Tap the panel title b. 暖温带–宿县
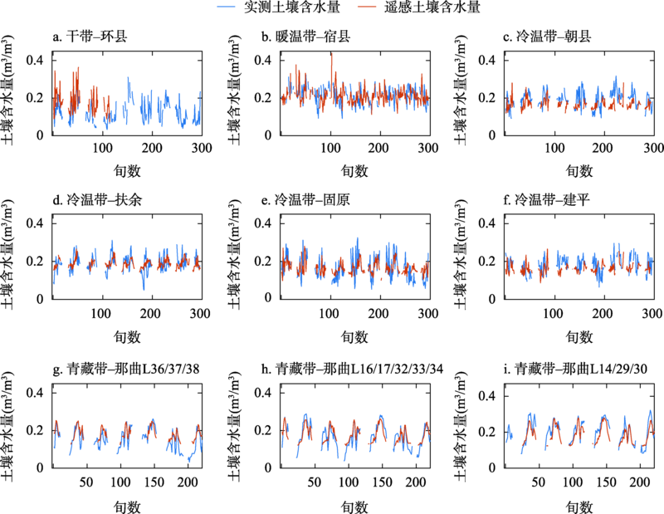coord(312,37)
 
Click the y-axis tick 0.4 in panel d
coord(36,224)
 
